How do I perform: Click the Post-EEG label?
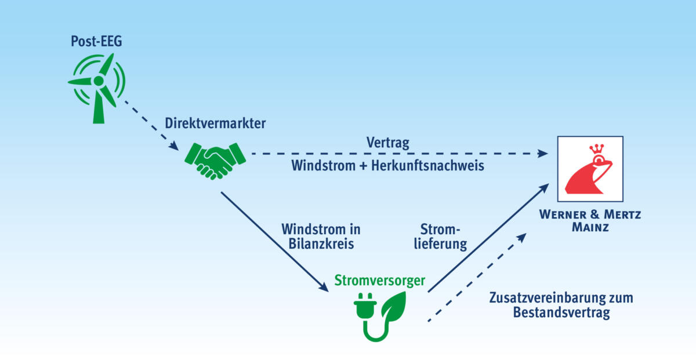[97, 42]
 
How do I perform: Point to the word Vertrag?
[388, 142]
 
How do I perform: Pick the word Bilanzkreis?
[321, 243]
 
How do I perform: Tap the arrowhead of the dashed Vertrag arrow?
[542, 154]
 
